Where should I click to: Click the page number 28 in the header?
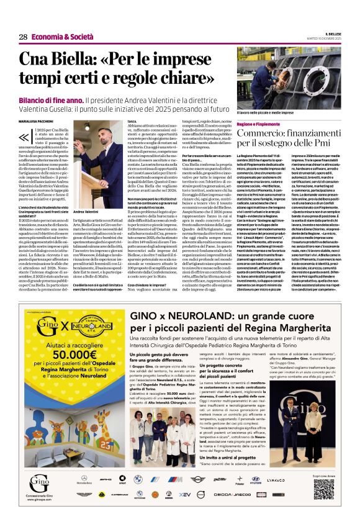[x=22, y=37]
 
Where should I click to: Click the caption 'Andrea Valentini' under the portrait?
[x=86, y=212]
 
